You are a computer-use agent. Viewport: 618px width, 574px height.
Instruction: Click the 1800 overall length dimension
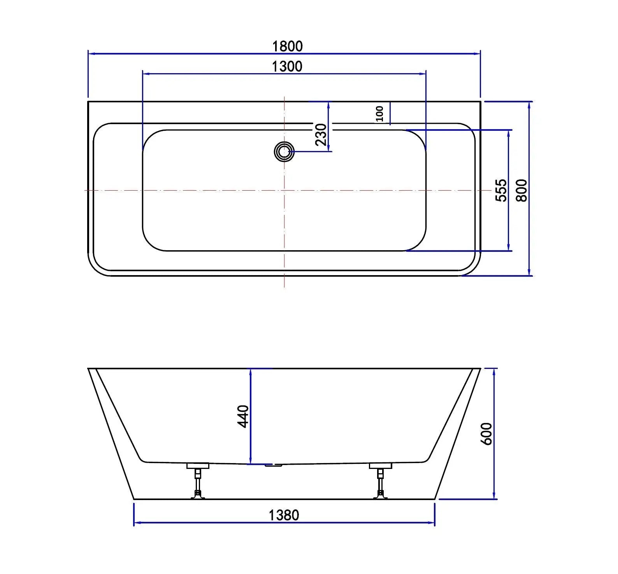point(287,46)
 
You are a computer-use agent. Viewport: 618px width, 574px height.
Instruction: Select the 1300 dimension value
point(287,67)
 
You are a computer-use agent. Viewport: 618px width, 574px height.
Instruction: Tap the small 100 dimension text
point(380,113)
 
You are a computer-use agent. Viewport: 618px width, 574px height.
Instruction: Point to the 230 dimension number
point(321,134)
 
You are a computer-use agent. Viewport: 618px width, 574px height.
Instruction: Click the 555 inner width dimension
point(502,190)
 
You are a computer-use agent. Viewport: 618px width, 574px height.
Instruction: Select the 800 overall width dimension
point(521,190)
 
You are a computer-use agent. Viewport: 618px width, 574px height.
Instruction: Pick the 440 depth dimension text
point(243,416)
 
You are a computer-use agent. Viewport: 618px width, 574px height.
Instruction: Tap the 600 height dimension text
point(487,434)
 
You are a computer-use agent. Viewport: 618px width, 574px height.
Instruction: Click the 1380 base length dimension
point(284,515)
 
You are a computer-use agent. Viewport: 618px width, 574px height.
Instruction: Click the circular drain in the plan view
point(284,151)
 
